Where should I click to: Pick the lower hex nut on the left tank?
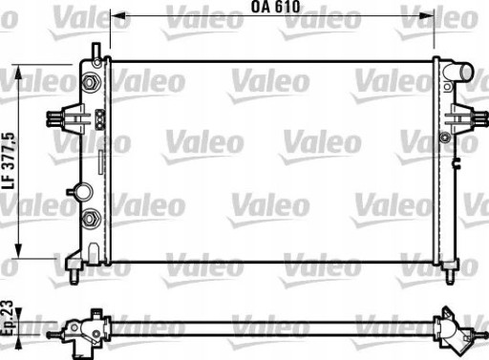pos(93,219)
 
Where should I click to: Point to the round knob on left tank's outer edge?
pos(74,191)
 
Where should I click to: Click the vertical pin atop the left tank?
pos(96,51)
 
